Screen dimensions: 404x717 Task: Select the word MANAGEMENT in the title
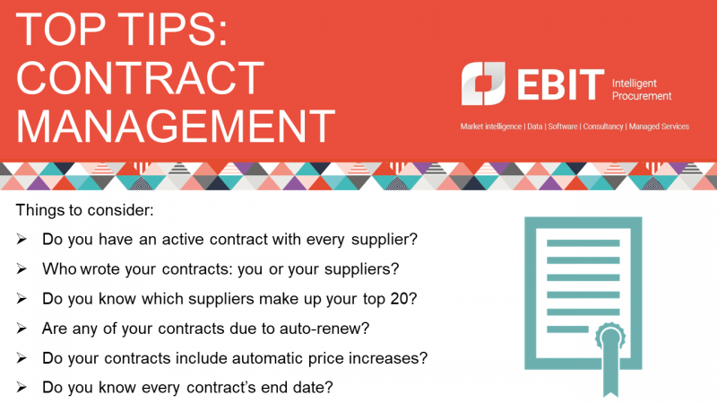(x=176, y=126)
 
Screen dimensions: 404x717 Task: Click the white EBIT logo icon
(x=484, y=83)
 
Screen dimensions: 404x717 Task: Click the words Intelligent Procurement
(x=640, y=88)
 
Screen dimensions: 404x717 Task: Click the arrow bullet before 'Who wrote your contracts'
(x=22, y=269)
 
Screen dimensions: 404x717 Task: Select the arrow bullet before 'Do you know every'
(x=22, y=387)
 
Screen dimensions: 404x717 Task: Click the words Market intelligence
(x=491, y=127)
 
